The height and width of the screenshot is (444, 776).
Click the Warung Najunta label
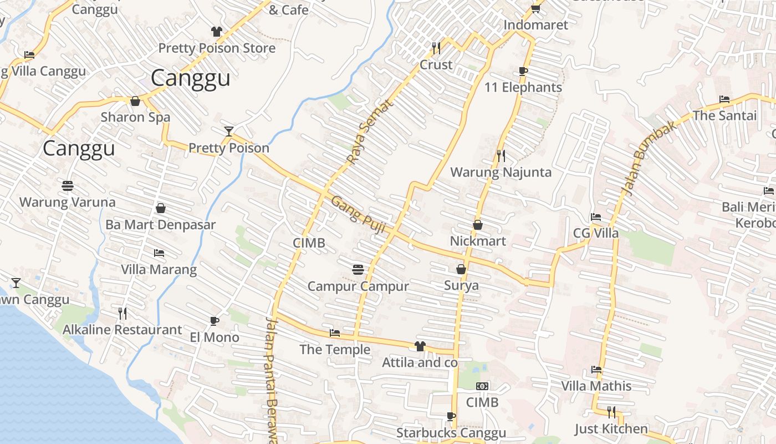point(501,172)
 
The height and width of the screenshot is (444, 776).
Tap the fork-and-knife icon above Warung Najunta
point(501,156)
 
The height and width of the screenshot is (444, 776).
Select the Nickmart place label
point(478,241)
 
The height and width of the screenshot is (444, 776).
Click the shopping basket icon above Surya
point(461,269)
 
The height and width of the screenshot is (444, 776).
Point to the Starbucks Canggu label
point(451,433)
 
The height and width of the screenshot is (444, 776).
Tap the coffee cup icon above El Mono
point(215,321)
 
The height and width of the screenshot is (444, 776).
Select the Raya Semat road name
point(369,132)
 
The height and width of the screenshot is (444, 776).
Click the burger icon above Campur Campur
point(358,270)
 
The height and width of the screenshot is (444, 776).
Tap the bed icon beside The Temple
point(335,333)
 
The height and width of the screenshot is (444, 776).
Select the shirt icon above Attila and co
point(420,346)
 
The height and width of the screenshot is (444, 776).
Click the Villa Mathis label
point(596,386)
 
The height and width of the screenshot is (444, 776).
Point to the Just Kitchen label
point(611,428)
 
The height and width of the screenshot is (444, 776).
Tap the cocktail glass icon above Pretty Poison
point(229,132)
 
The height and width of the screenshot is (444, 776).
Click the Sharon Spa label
point(135,117)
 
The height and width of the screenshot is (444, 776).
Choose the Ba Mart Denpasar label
point(160,225)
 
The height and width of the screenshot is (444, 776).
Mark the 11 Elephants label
point(523,87)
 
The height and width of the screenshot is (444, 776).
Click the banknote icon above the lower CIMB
point(482,386)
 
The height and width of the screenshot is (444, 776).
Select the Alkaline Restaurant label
point(122,330)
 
